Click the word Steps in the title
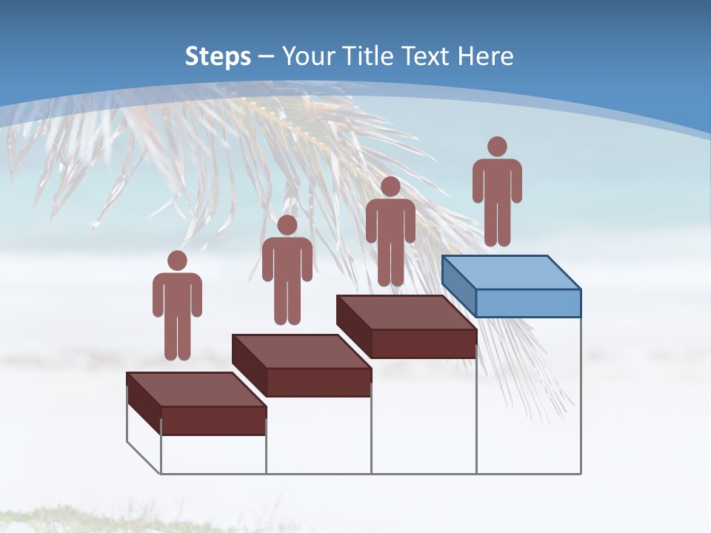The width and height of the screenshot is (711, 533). point(218,56)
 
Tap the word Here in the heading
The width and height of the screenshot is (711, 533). point(485,56)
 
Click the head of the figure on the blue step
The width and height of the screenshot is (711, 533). point(497,147)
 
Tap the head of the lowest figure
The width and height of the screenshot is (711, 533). point(177,261)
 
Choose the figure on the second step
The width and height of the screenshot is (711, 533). point(287,270)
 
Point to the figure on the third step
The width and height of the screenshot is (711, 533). point(390,232)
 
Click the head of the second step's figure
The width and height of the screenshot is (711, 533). point(287,225)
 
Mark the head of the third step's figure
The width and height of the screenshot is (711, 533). point(390,187)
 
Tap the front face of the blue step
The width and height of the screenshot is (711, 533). point(528,303)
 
